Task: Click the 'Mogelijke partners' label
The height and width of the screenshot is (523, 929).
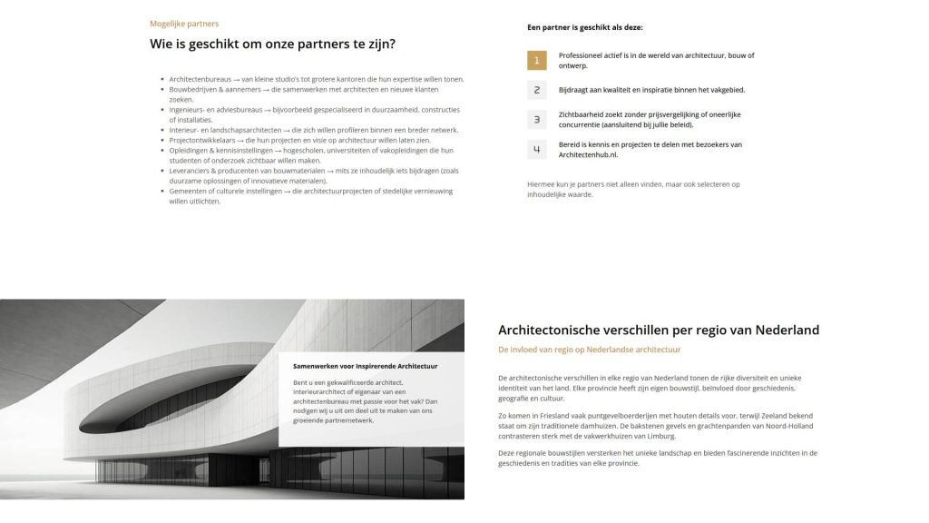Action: pyautogui.click(x=184, y=24)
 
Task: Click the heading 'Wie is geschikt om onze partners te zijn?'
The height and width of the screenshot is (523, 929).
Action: pyautogui.click(x=272, y=44)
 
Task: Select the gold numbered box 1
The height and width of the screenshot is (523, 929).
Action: pyautogui.click(x=537, y=61)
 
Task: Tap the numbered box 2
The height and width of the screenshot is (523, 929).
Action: pyautogui.click(x=537, y=90)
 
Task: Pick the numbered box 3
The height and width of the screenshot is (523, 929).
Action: pyautogui.click(x=537, y=120)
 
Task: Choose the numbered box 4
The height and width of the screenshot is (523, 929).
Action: pyautogui.click(x=537, y=150)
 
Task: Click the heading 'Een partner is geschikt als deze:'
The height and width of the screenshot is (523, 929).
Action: pyautogui.click(x=584, y=27)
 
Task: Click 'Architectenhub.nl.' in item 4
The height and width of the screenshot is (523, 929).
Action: pyautogui.click(x=590, y=155)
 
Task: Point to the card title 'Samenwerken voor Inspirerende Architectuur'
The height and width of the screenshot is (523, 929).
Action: pyautogui.click(x=366, y=366)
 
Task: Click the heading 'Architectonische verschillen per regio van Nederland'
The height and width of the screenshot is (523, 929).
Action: pyautogui.click(x=659, y=330)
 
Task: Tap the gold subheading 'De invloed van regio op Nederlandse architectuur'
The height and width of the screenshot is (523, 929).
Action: pyautogui.click(x=589, y=350)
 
